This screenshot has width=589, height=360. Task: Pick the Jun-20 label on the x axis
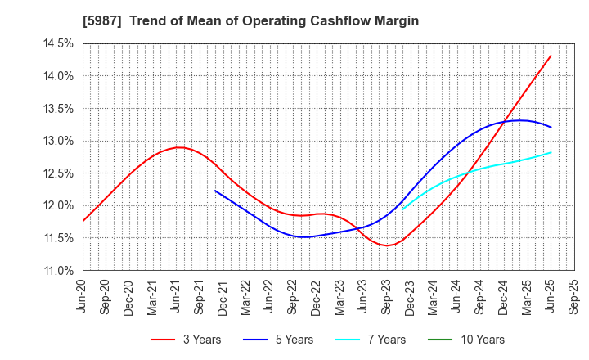81,297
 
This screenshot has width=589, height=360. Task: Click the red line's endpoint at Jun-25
551,56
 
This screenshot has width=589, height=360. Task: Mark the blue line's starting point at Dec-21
215,191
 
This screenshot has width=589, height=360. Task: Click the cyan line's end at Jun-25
551,152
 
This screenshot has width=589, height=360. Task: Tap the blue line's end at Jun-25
551,128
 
